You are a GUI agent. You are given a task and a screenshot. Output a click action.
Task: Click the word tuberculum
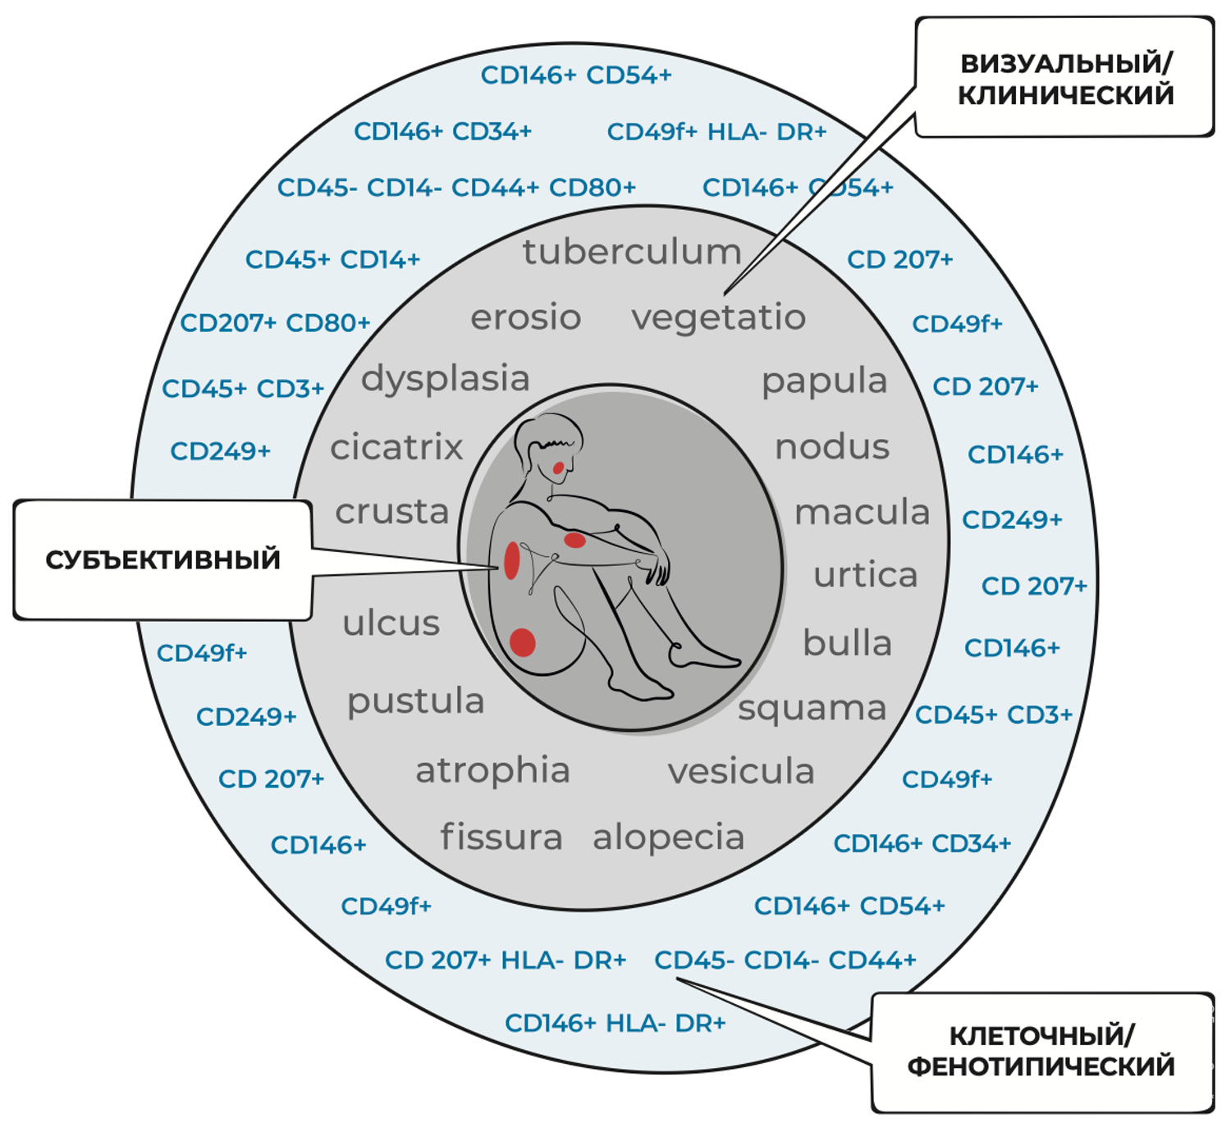632,252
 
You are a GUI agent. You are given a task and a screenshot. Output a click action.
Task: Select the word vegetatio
718,317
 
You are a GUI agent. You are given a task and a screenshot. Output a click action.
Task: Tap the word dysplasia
446,378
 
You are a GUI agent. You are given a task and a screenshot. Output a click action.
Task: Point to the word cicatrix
396,447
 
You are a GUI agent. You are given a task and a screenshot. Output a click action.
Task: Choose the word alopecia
668,838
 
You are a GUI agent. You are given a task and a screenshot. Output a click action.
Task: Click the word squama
812,708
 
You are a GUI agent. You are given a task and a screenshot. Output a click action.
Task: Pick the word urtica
865,575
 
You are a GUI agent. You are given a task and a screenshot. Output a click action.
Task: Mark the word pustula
415,701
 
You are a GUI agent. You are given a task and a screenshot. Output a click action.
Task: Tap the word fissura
501,837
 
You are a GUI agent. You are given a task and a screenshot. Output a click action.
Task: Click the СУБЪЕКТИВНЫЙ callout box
162,559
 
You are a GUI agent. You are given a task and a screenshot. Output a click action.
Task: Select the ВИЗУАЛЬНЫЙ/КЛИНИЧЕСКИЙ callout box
1065,78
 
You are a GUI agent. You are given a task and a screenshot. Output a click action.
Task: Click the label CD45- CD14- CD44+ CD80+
456,188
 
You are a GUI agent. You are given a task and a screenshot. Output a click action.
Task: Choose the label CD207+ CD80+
275,323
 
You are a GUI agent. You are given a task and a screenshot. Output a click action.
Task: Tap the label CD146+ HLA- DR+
615,1023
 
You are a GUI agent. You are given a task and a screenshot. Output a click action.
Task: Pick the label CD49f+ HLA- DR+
716,132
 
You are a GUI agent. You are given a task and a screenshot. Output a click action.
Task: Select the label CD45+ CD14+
332,260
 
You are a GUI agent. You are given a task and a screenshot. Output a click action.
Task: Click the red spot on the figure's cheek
558,468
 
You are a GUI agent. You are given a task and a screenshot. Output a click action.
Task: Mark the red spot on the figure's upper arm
574,540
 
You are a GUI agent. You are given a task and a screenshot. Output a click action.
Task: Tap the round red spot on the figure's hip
523,641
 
